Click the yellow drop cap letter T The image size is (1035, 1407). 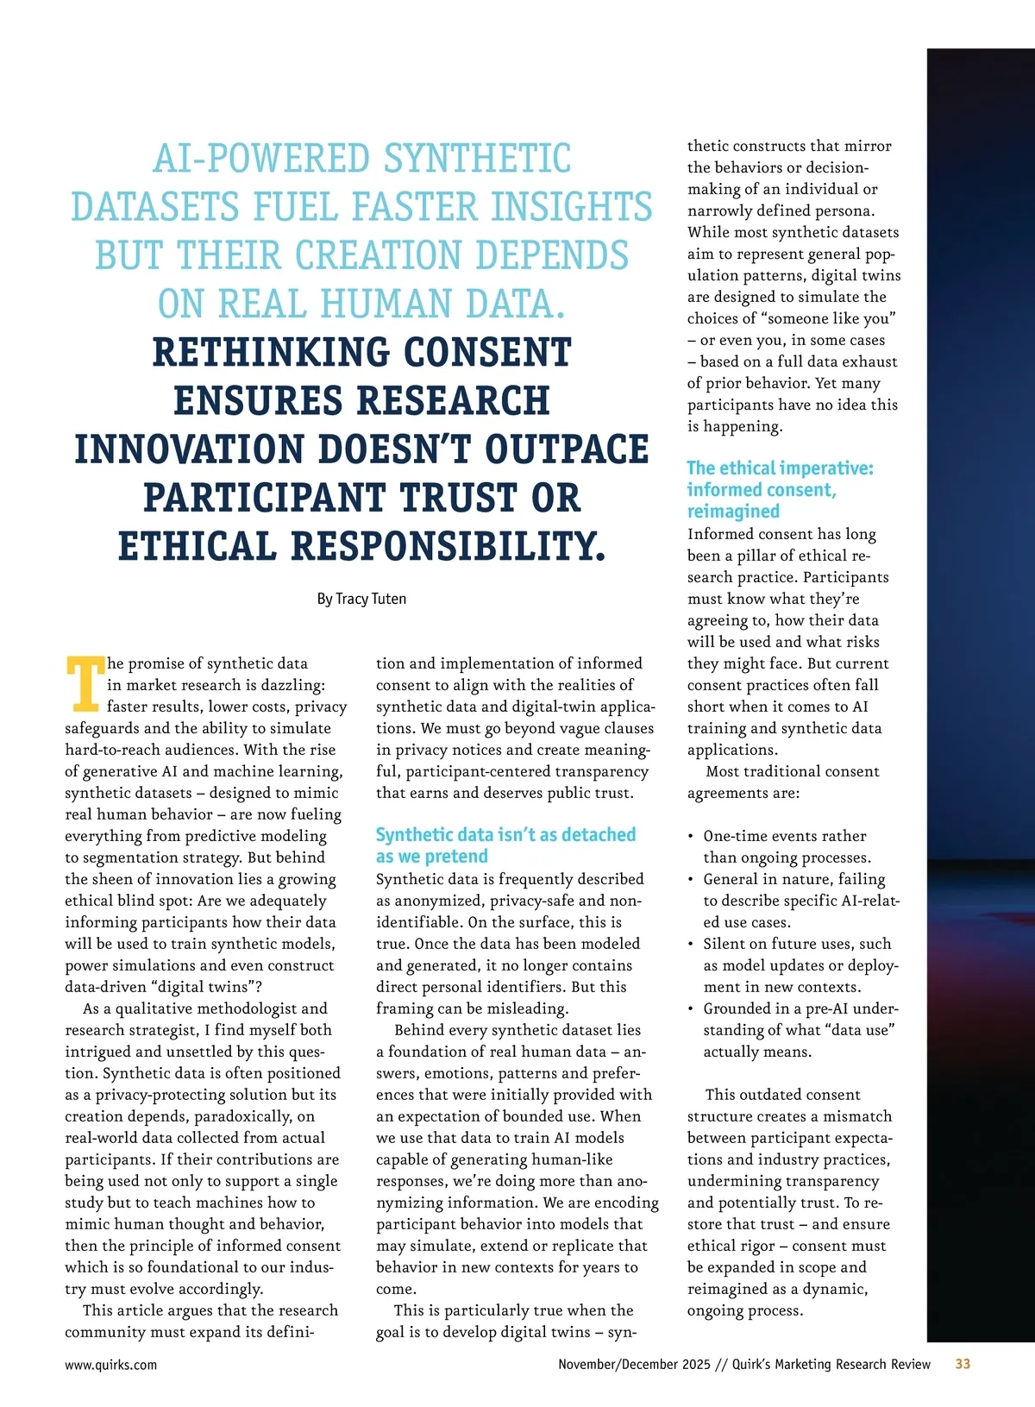click(85, 683)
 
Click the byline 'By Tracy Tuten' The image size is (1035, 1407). click(361, 599)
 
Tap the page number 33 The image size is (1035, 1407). click(963, 1364)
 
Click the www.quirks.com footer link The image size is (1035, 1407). click(111, 1365)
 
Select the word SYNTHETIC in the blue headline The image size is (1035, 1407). click(477, 160)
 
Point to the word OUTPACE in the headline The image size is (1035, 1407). click(567, 449)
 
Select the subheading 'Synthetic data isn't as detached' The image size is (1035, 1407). click(505, 834)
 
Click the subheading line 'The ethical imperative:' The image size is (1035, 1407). click(780, 468)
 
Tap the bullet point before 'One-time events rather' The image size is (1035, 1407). click(692, 837)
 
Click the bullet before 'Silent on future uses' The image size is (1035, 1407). click(692, 945)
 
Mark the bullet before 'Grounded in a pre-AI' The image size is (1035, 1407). click(692, 1009)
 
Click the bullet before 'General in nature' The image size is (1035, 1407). click(692, 880)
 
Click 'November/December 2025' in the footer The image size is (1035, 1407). click(634, 1365)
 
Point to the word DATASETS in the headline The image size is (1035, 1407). click(155, 208)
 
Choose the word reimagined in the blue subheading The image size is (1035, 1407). click(733, 512)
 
